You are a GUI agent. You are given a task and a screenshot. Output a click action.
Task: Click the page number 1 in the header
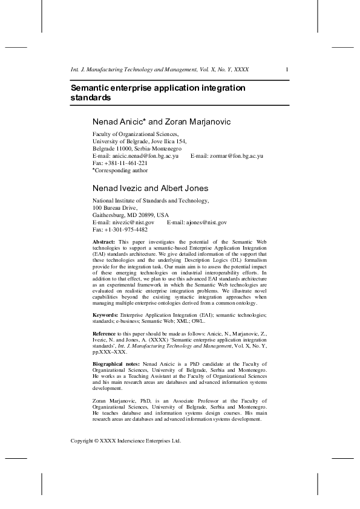point(286,69)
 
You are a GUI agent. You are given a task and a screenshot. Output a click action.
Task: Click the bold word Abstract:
point(103,241)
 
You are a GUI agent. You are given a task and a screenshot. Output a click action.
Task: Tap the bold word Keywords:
point(105,315)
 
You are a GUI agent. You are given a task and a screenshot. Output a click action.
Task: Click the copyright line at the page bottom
point(126,441)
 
